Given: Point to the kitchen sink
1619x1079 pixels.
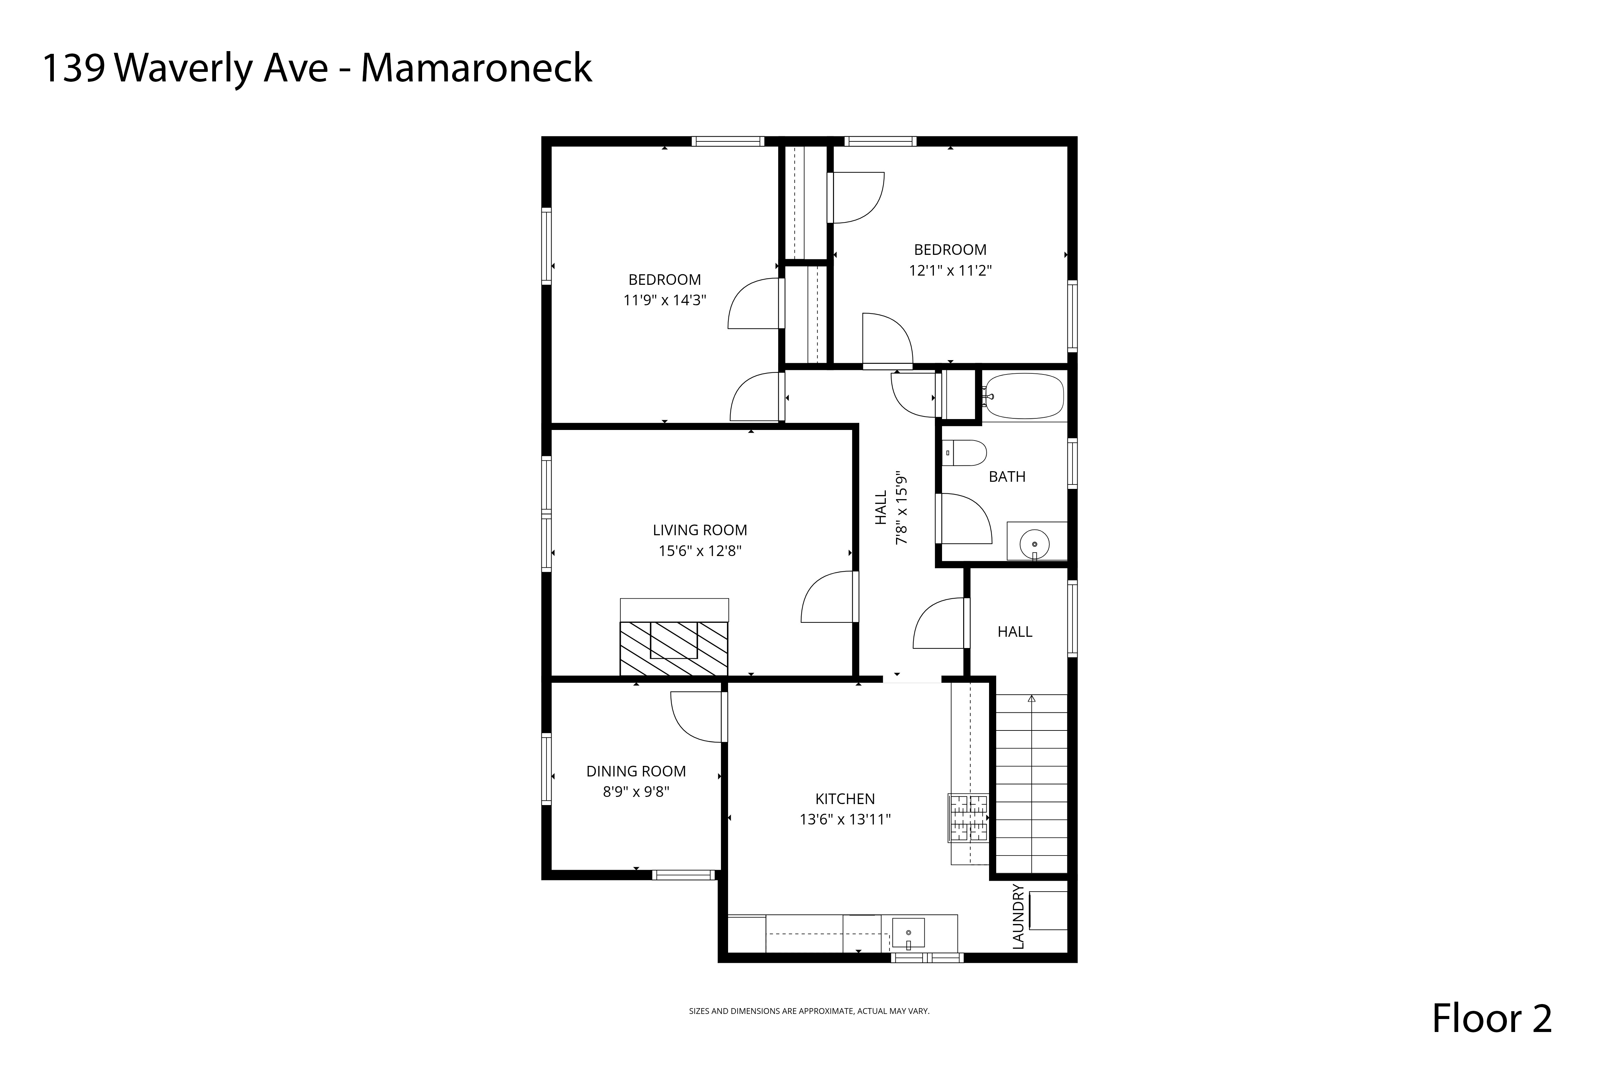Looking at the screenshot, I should pos(908,932).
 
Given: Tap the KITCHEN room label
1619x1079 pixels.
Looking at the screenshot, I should pos(845,799).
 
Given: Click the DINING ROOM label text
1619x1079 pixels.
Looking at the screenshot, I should pos(636,771).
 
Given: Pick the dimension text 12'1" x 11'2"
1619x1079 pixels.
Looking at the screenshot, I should pos(950,271).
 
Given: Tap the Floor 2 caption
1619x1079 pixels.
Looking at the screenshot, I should pos(1492,1019).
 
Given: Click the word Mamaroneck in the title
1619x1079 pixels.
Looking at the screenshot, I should pos(476,69).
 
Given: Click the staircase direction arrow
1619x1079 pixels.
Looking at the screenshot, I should pos(1031,699).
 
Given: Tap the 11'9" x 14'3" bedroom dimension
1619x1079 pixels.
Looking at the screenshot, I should pos(665,300).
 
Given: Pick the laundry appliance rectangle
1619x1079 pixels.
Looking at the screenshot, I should pos(1048,910).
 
